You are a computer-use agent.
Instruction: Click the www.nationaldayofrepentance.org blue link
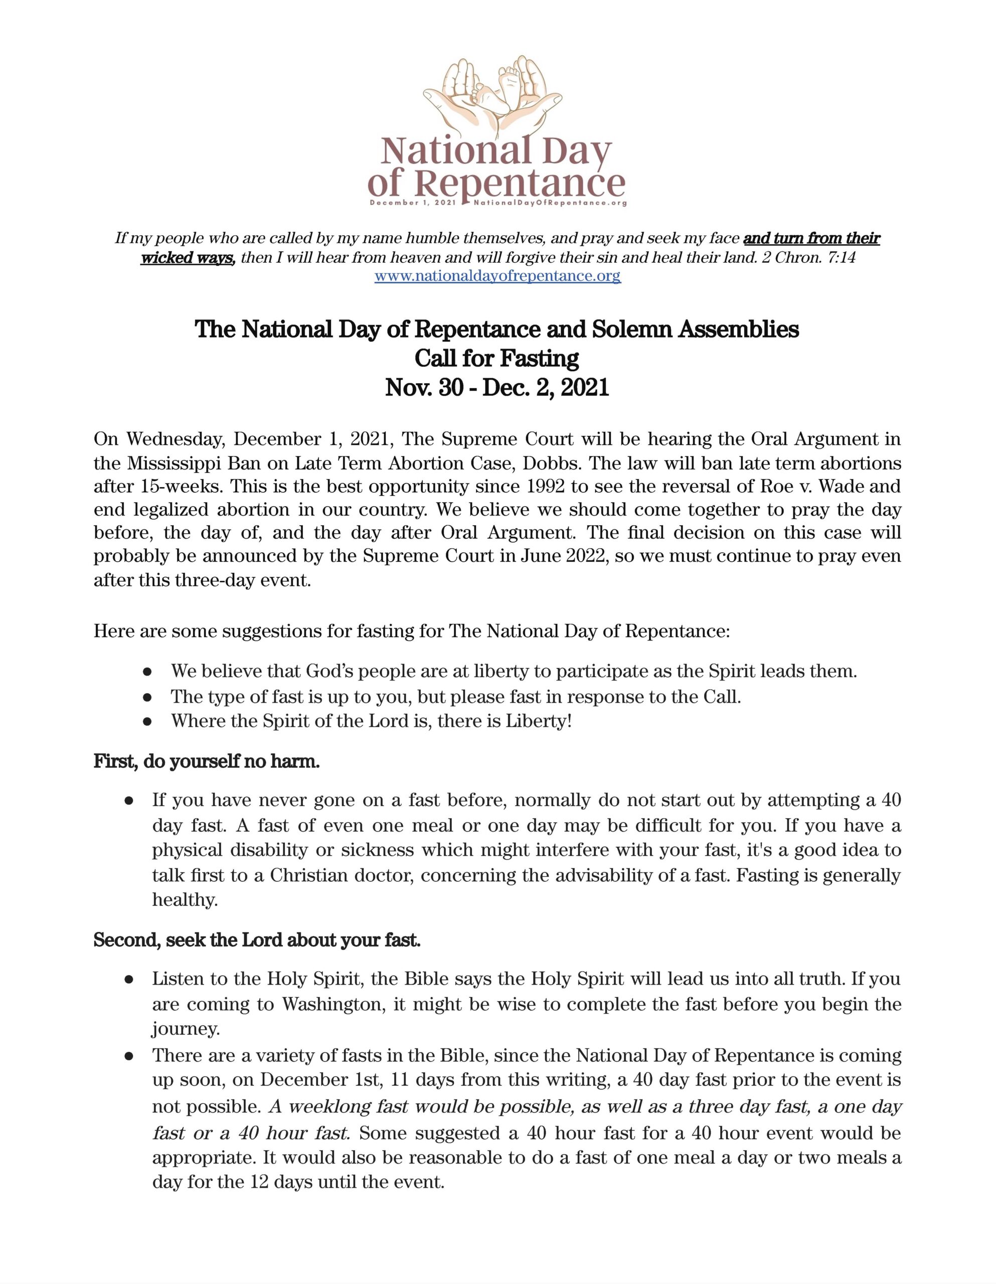point(497,276)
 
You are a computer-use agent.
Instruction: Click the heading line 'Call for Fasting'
point(497,358)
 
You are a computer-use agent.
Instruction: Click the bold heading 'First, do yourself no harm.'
point(207,762)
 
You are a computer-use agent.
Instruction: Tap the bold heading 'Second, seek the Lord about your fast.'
point(257,940)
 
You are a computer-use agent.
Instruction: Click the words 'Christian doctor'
point(344,875)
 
